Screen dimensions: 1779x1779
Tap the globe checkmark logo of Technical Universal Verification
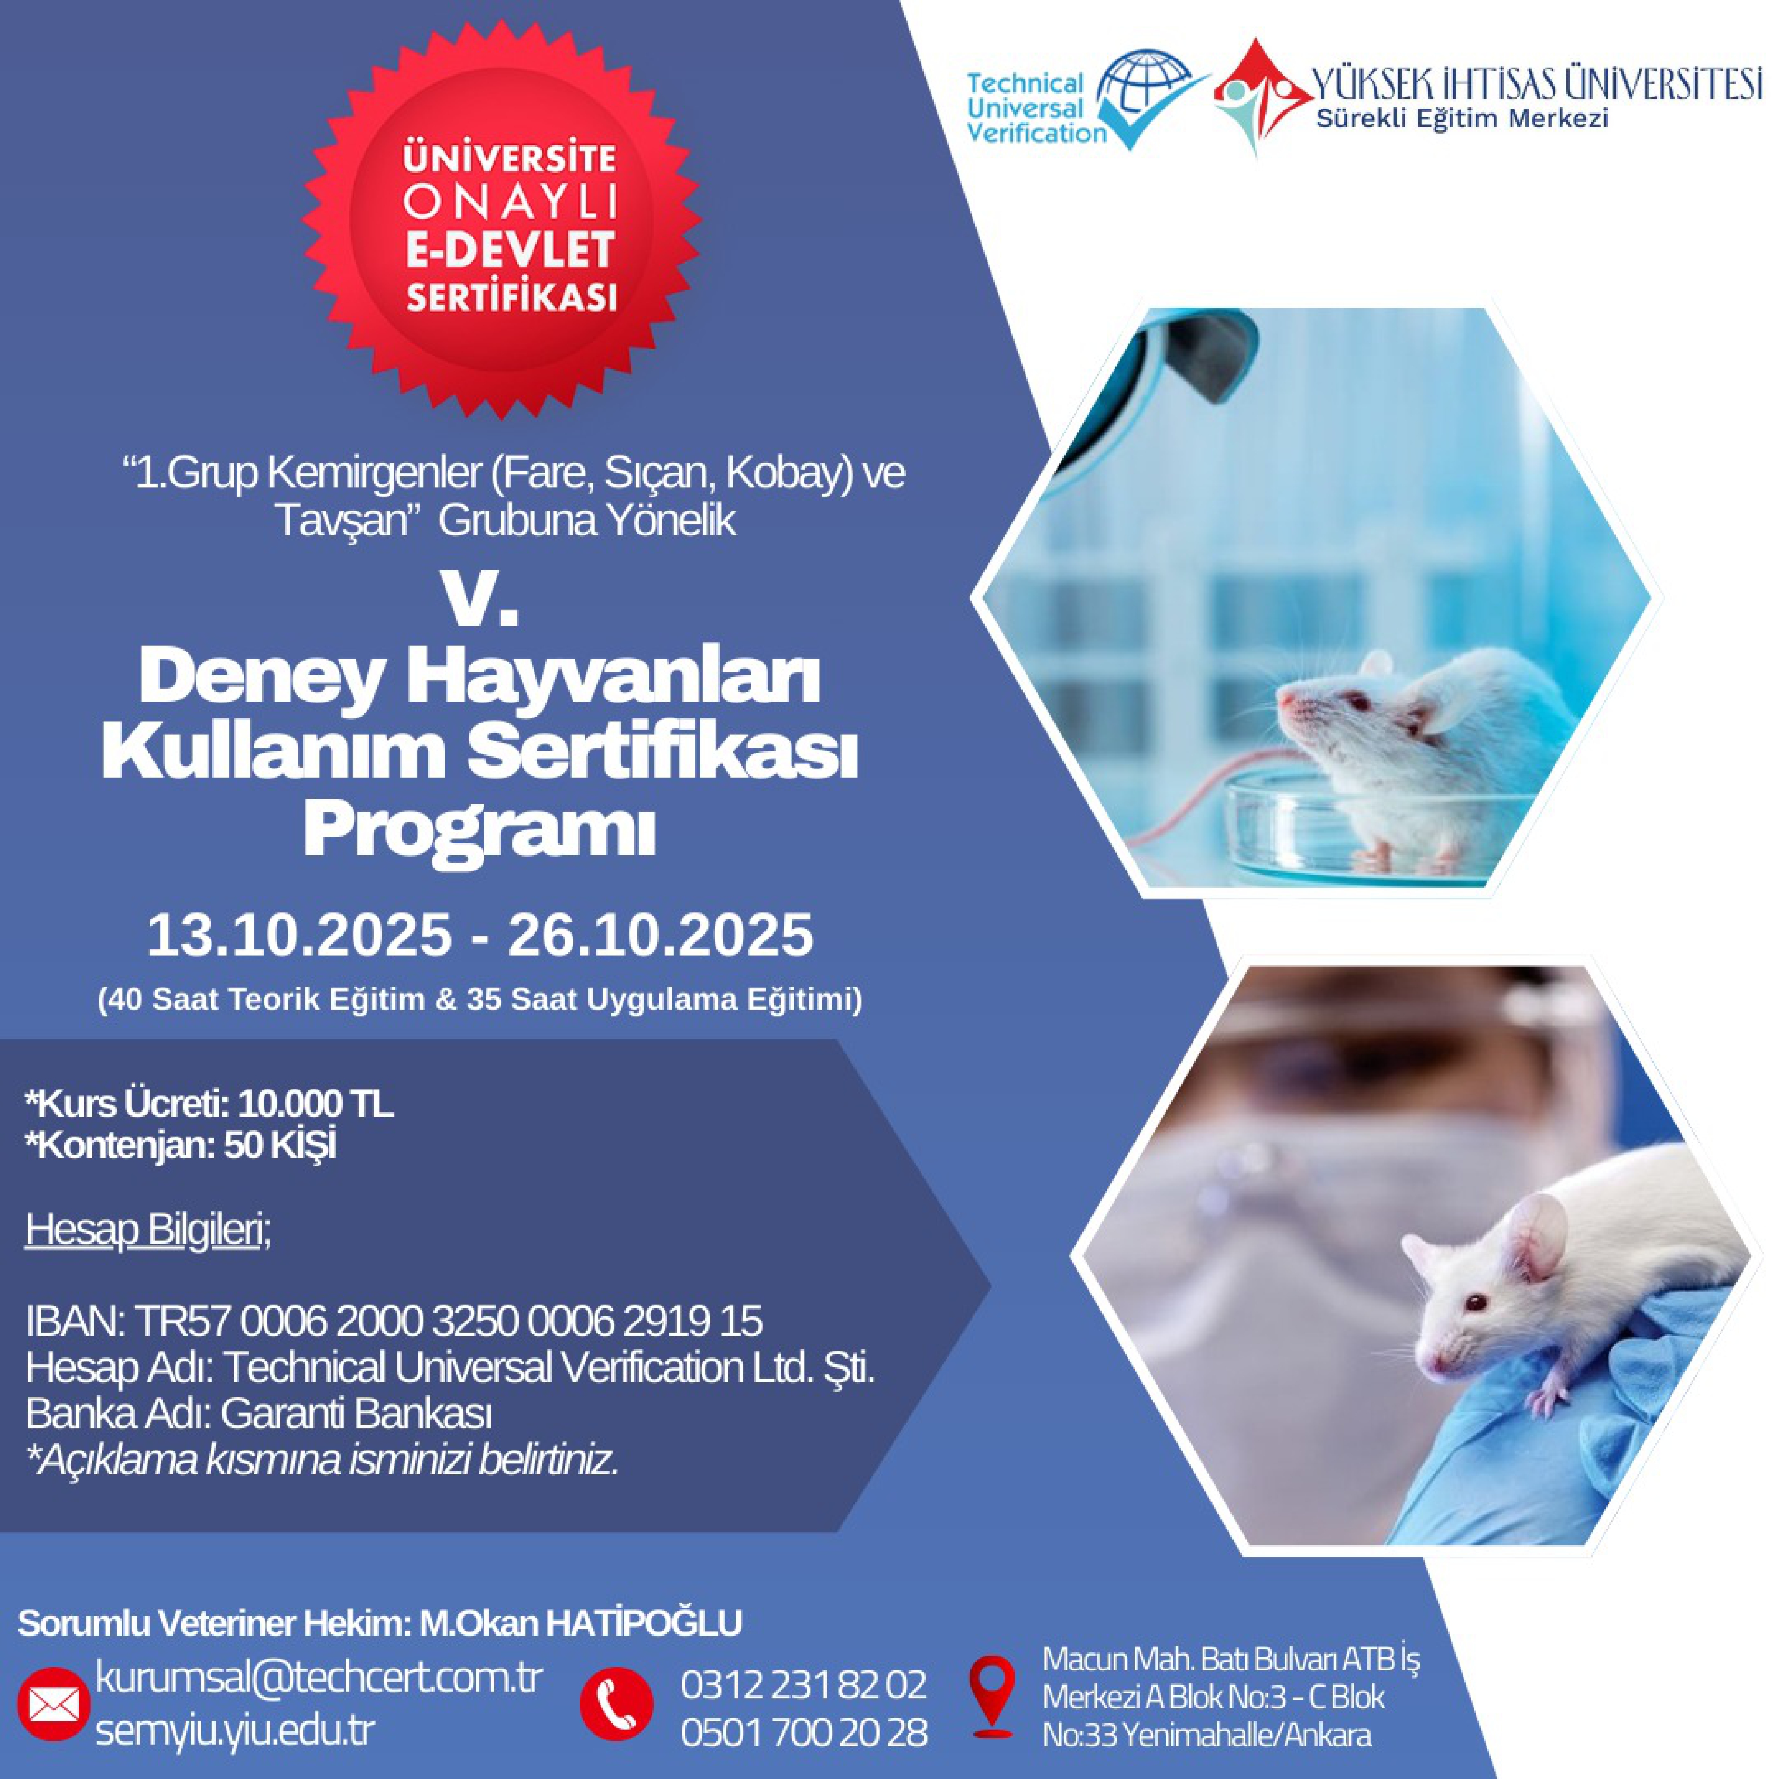tap(1151, 98)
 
